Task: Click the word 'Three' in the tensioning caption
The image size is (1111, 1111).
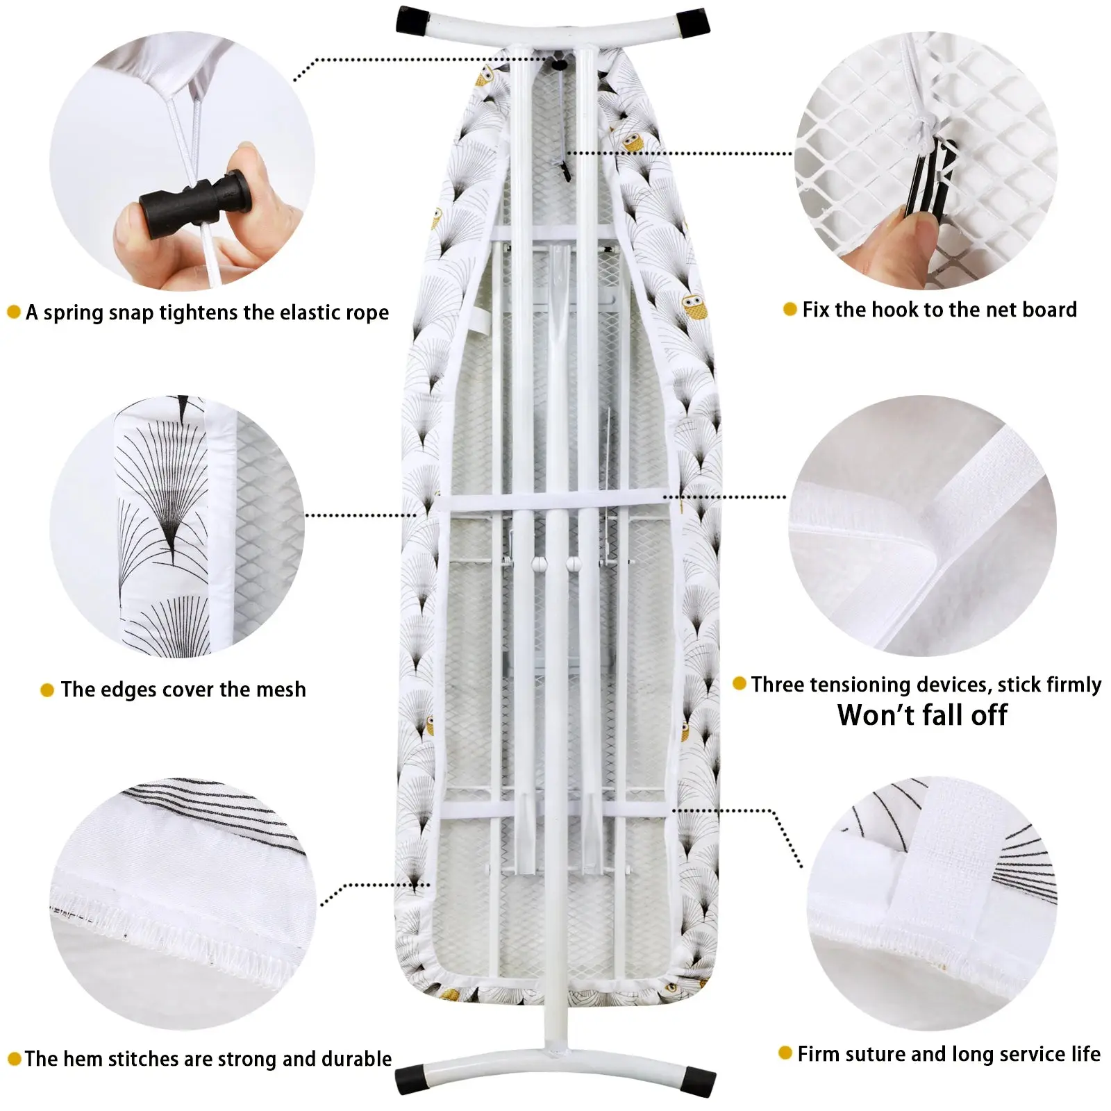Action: [x=778, y=685]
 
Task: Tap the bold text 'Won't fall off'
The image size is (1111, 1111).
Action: [x=922, y=715]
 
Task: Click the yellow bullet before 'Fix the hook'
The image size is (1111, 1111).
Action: [x=790, y=309]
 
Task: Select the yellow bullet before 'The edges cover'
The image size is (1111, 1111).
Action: [x=47, y=690]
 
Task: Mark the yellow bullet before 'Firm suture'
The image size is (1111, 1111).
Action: [x=785, y=1053]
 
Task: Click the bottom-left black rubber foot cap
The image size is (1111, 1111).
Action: [x=411, y=1080]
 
